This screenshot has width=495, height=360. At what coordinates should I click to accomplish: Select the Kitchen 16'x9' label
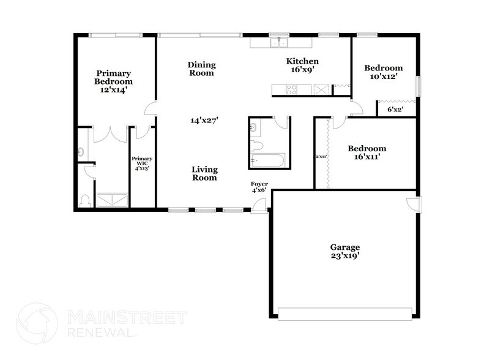303,66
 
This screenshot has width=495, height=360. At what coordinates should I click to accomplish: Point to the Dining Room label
201,69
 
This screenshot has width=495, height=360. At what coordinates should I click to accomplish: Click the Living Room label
204,174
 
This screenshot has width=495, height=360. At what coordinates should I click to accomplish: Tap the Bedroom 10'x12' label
384,72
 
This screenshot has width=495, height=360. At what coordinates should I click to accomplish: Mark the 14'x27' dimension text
204,121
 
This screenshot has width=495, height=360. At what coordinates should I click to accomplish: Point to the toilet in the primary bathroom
85,200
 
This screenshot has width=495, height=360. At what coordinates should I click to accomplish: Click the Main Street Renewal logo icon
38,325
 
